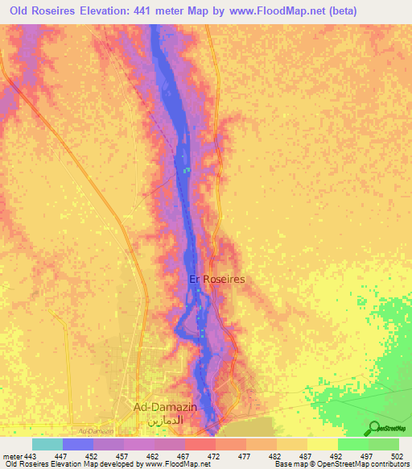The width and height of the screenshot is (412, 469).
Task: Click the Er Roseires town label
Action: tap(216, 279)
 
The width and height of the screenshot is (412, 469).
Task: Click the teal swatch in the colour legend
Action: tap(47, 444)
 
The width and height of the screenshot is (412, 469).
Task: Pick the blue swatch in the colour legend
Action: tap(77, 444)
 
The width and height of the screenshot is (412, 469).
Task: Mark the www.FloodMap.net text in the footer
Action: tap(173, 464)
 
